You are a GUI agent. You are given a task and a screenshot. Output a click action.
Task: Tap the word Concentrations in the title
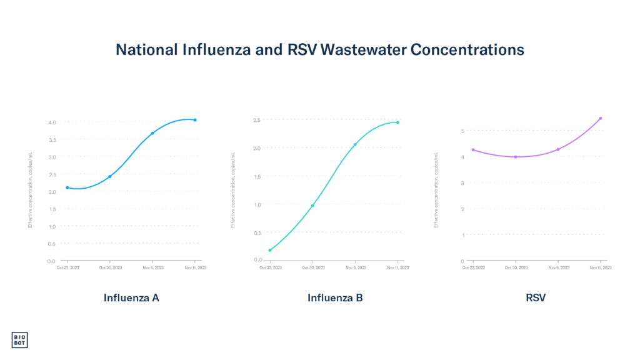click(x=467, y=51)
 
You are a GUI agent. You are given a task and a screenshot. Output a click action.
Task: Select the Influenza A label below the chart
click(x=131, y=298)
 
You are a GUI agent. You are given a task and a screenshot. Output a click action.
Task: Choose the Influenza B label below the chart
click(x=335, y=298)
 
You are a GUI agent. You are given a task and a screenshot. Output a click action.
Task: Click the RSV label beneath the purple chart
click(x=536, y=298)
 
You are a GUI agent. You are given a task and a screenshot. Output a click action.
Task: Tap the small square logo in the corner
click(x=20, y=339)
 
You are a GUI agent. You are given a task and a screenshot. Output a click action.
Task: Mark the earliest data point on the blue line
click(x=67, y=187)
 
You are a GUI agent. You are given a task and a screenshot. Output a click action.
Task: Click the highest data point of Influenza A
click(x=195, y=119)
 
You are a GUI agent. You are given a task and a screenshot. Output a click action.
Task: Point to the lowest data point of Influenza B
click(x=270, y=250)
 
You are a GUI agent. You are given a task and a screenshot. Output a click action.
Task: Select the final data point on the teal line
click(x=397, y=122)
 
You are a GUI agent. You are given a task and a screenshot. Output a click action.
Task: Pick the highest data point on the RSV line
click(x=600, y=118)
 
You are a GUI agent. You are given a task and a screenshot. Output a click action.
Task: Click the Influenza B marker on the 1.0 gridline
click(x=312, y=205)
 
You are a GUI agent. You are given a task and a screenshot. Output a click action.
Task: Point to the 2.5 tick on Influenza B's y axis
click(x=256, y=120)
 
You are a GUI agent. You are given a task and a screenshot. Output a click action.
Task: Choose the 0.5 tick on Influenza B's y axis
click(x=256, y=232)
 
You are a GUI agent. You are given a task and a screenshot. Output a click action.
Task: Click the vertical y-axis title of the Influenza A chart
click(x=29, y=189)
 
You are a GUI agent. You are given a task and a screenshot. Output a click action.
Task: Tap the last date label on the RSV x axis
click(x=602, y=267)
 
